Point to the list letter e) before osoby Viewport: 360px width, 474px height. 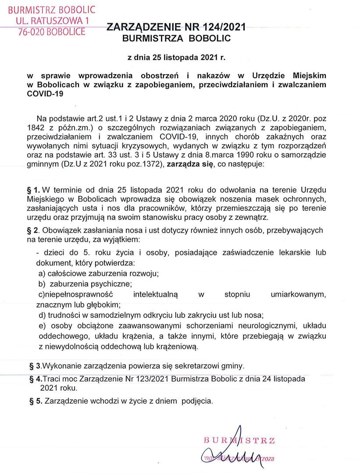42,326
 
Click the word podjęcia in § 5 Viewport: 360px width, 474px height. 198,401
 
